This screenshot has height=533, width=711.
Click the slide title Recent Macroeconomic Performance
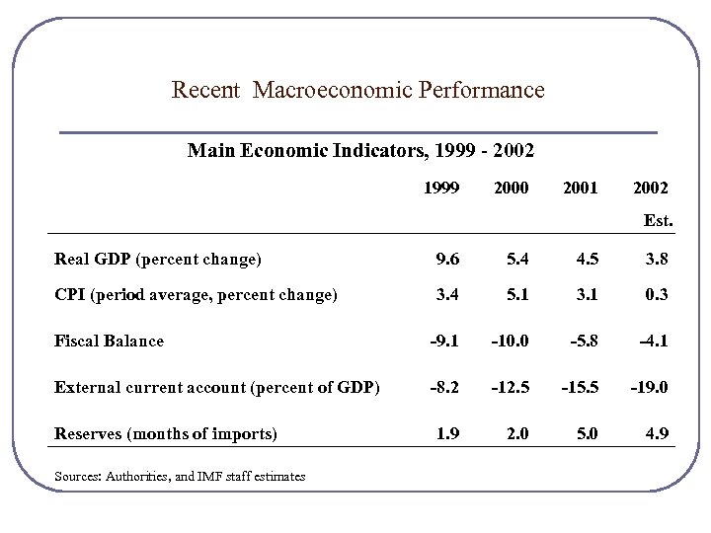(357, 91)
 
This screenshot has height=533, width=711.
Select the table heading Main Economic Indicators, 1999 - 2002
(360, 152)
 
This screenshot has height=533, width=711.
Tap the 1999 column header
(440, 188)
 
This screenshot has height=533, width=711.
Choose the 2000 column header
(511, 188)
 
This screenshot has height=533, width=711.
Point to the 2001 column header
(580, 188)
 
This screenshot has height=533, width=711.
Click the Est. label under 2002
(658, 221)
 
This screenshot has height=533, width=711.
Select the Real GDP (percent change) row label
(158, 260)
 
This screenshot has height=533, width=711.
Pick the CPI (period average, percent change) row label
(196, 293)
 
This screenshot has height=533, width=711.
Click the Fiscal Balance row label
(109, 341)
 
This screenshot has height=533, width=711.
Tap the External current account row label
(216, 388)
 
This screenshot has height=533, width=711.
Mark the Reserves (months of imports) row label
(165, 433)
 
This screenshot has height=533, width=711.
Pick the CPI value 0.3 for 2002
(658, 293)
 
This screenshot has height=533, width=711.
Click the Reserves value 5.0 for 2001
(587, 433)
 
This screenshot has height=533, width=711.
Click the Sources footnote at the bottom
(180, 477)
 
